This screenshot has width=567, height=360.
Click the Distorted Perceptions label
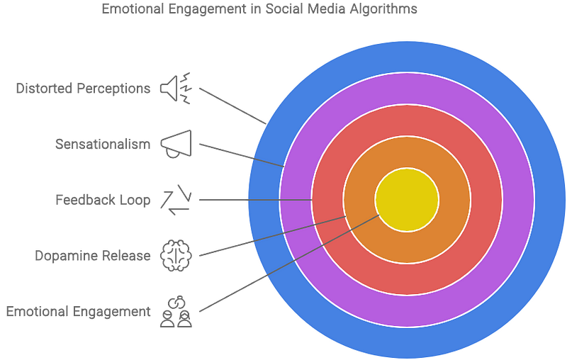click(x=83, y=89)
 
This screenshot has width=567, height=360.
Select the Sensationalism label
click(x=103, y=145)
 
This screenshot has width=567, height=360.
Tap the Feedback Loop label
click(x=103, y=200)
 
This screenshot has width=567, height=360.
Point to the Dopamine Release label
click(x=93, y=255)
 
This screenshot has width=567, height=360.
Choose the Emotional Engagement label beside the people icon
click(x=78, y=310)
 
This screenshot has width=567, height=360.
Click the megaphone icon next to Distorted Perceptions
click(x=174, y=89)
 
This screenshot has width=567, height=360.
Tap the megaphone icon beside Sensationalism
click(x=174, y=144)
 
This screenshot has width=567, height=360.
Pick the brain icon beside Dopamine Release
click(x=174, y=254)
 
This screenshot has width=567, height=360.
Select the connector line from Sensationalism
click(x=241, y=155)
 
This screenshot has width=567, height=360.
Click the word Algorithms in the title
click(x=387, y=10)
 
